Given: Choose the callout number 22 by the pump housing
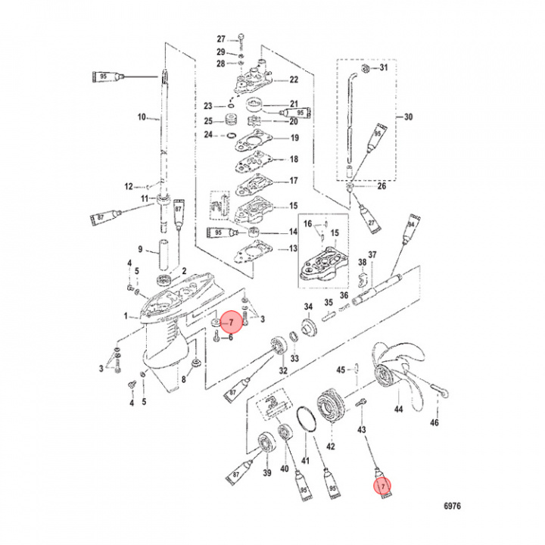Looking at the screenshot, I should (x=294, y=79).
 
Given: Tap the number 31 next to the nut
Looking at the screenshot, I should (x=383, y=68).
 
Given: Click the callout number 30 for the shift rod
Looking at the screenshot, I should (x=409, y=117).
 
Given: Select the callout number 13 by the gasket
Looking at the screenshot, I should (x=294, y=249).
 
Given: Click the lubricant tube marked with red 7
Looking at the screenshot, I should (x=385, y=484).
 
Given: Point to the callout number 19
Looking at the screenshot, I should (x=294, y=139).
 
